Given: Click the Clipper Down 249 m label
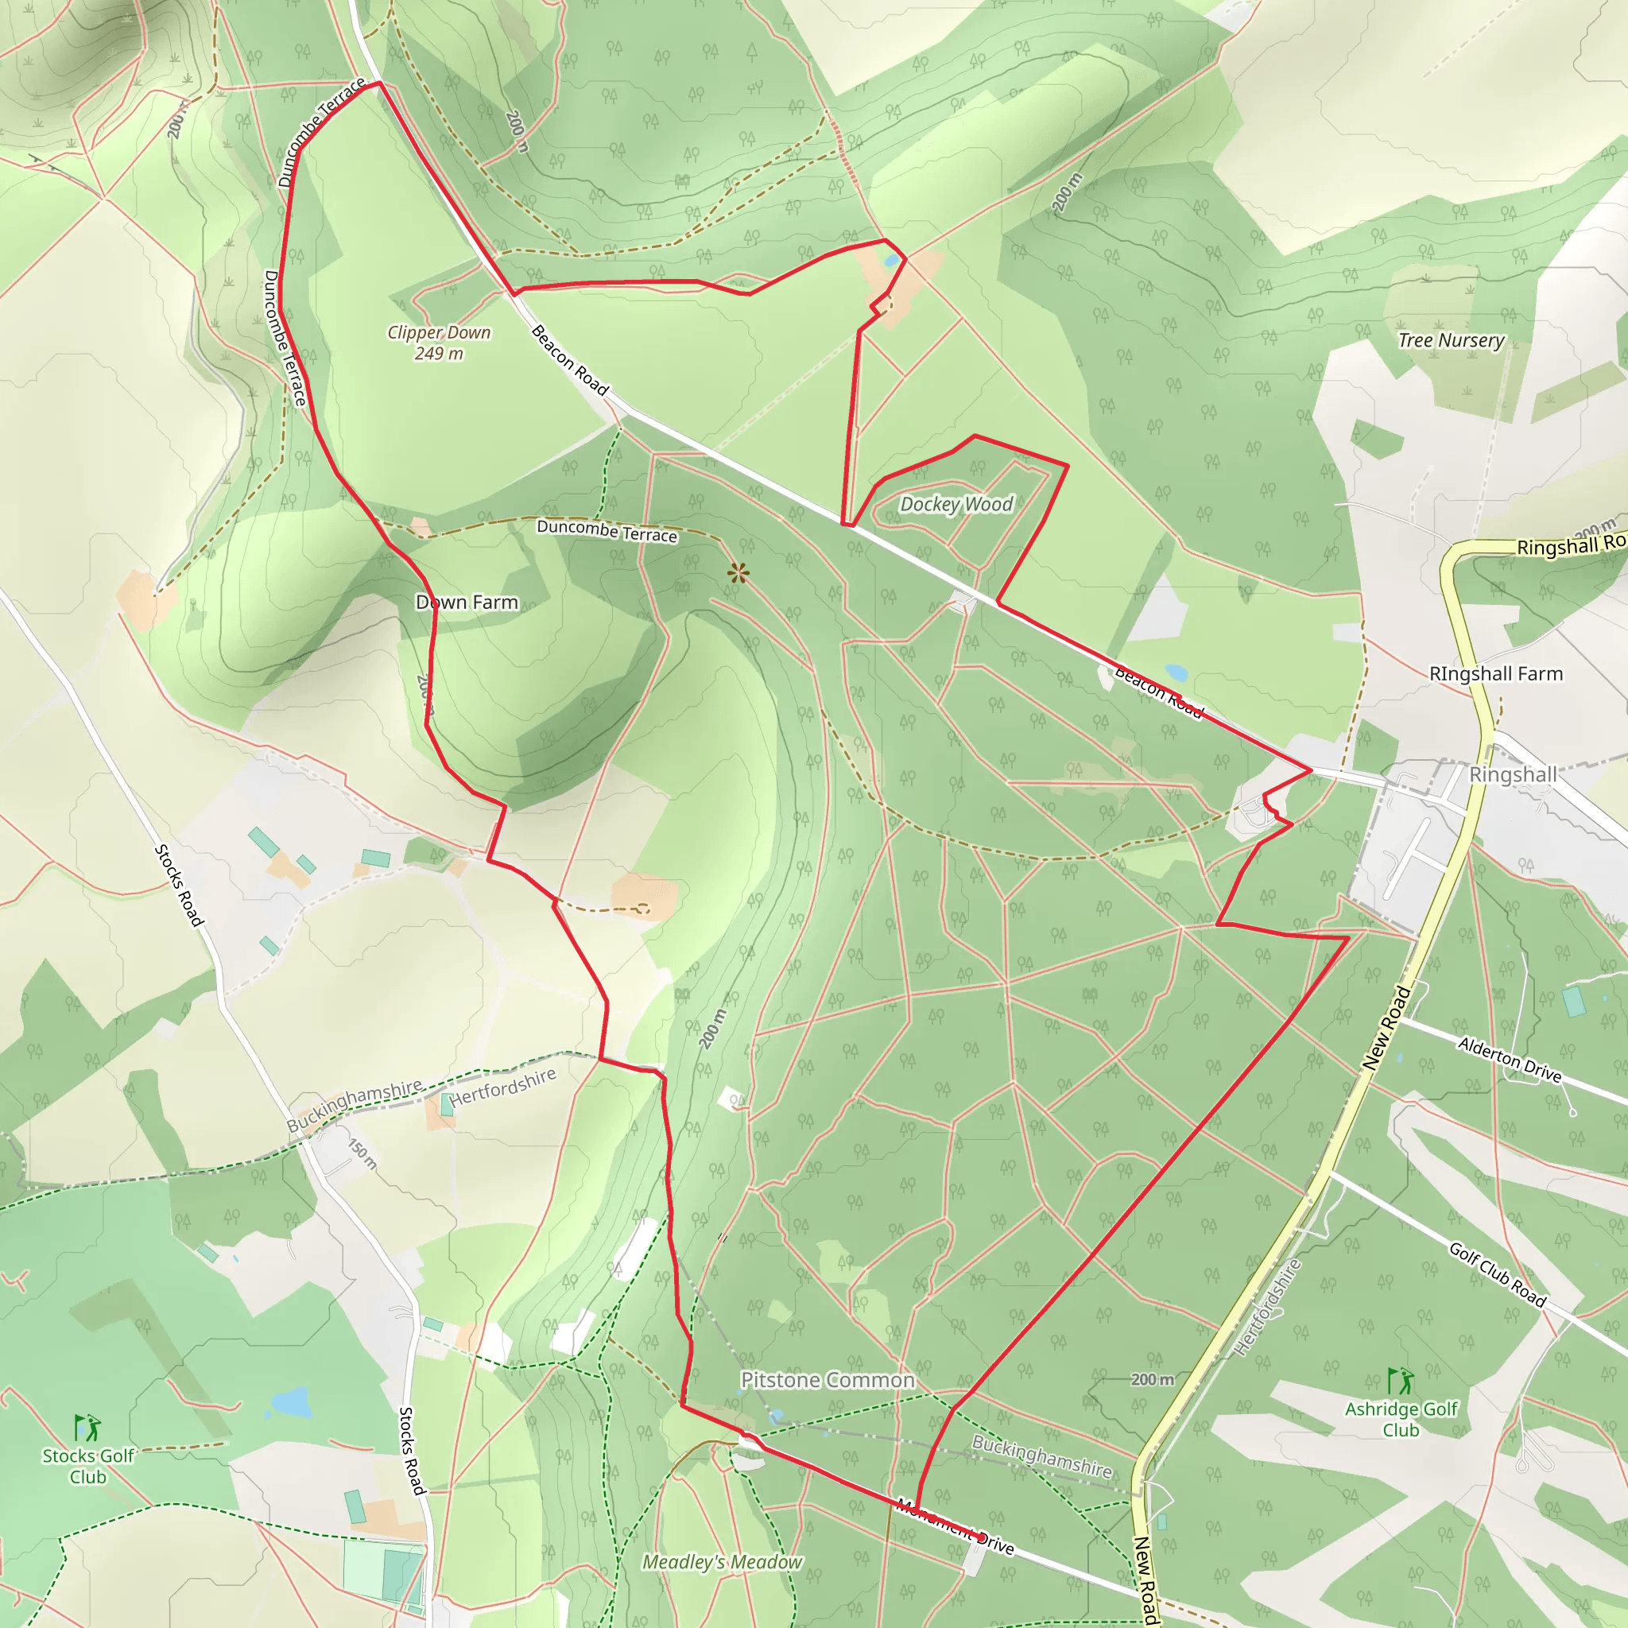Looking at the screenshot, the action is [x=438, y=343].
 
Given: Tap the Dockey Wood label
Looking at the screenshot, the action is [x=956, y=505].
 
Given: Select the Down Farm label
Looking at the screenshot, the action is [x=467, y=603].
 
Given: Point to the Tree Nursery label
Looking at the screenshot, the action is [x=1451, y=340].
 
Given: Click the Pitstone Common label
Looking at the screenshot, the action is [x=828, y=1380].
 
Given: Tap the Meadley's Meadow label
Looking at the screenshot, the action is [x=722, y=1562].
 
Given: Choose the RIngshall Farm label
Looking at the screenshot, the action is [x=1496, y=674].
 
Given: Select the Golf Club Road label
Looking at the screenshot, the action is [x=1498, y=1275].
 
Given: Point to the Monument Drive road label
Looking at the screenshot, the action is [x=955, y=1525].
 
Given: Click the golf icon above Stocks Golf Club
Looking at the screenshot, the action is [x=87, y=1428].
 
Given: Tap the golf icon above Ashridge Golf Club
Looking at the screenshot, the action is [x=1401, y=1381].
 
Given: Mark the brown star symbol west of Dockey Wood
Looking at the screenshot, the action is [x=738, y=574].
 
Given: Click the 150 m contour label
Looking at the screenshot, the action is [x=363, y=1153].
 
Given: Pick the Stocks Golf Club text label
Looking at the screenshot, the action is [x=87, y=1466].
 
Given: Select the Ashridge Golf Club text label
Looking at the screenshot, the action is [x=1401, y=1419].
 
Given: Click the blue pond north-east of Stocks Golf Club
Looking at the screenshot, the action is [x=291, y=1402].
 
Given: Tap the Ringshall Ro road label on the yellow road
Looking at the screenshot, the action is [x=1571, y=545].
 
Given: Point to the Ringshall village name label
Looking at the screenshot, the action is [x=1513, y=774].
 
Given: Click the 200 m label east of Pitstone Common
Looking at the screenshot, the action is [x=1152, y=1379].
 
